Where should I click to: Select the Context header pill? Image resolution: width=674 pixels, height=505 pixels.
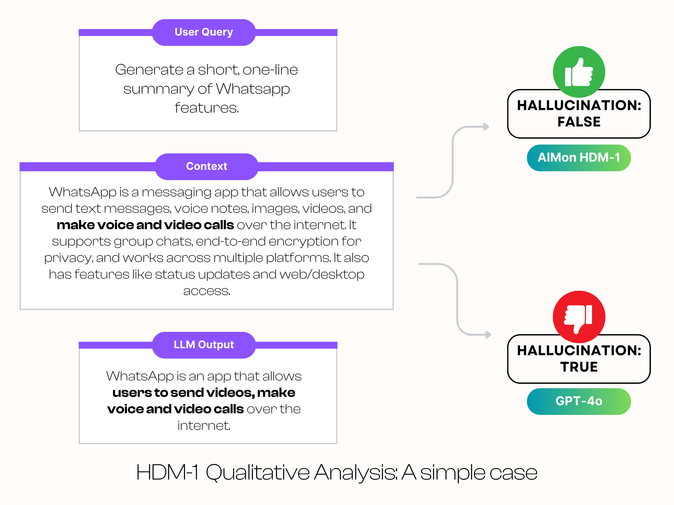pyautogui.click(x=207, y=166)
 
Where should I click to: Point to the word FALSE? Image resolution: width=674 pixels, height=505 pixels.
pyautogui.click(x=579, y=122)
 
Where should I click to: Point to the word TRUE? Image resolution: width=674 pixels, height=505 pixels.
pyautogui.click(x=579, y=367)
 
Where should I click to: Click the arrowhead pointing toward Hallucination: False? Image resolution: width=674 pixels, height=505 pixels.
pyautogui.click(x=486, y=127)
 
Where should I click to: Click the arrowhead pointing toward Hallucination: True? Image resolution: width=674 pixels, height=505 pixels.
pyautogui.click(x=488, y=335)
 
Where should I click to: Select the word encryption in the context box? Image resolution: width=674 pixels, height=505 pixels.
pyautogui.click(x=304, y=241)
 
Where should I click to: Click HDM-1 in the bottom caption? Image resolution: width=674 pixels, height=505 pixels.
pyautogui.click(x=167, y=472)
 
